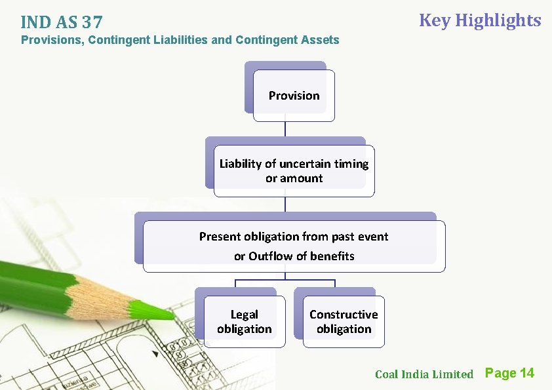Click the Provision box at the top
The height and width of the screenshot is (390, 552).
coord(294,96)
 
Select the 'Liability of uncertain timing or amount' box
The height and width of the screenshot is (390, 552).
coord(294,171)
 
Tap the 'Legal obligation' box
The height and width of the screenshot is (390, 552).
coord(244,322)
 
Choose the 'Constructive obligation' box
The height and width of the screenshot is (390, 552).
coord(344,322)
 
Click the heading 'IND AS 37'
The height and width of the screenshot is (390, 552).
coord(61,22)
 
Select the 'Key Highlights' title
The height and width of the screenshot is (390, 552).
coord(480,20)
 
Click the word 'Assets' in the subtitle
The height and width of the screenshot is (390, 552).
coord(320,40)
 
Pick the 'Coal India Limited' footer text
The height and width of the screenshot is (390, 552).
coord(424,374)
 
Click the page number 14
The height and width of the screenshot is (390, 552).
coord(526,373)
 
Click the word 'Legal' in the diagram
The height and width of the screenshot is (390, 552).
coord(244,315)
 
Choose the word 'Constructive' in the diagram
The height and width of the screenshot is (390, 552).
coord(344,315)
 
